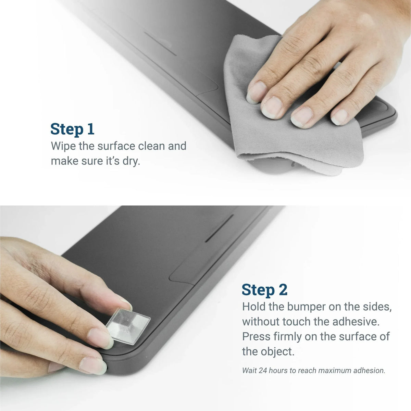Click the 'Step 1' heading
pyautogui.click(x=72, y=129)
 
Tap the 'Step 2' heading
pyautogui.click(x=264, y=290)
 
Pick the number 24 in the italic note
pyautogui.click(x=263, y=371)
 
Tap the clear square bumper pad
pyautogui.click(x=128, y=326)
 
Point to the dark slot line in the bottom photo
pyautogui.click(x=219, y=228)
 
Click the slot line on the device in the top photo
pyautogui.click(x=160, y=44)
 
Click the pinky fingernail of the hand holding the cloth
pyautogui.click(x=339, y=117)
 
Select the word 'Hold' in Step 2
pyautogui.click(x=254, y=307)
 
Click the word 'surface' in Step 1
pyautogui.click(x=116, y=146)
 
